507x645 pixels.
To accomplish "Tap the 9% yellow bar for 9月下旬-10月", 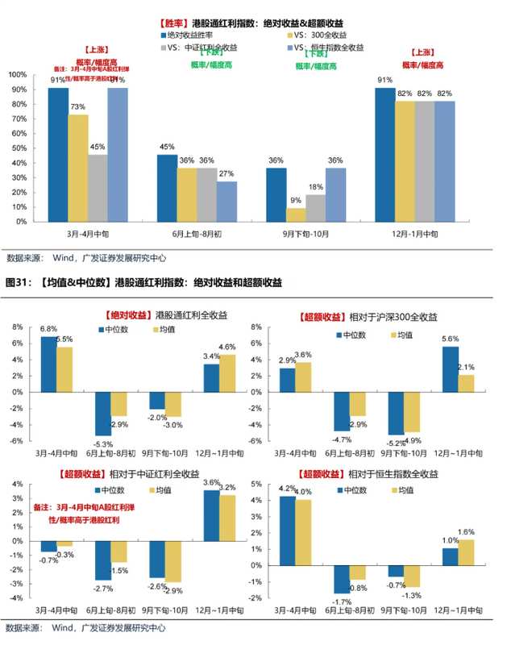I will (296, 214).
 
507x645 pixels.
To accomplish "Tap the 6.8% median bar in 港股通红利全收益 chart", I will (48, 364).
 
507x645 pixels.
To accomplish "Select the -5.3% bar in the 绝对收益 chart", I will (103, 414).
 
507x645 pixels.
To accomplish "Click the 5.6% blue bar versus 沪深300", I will (450, 368).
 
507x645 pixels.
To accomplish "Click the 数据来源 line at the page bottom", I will (86, 627).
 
